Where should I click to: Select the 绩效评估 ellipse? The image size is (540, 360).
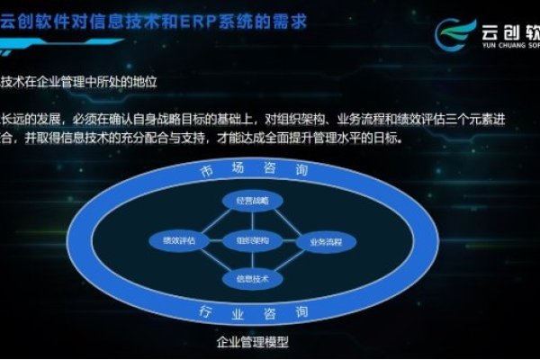(x=178, y=241)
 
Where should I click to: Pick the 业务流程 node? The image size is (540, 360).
(x=326, y=241)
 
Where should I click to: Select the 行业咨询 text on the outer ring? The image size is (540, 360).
(x=252, y=311)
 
